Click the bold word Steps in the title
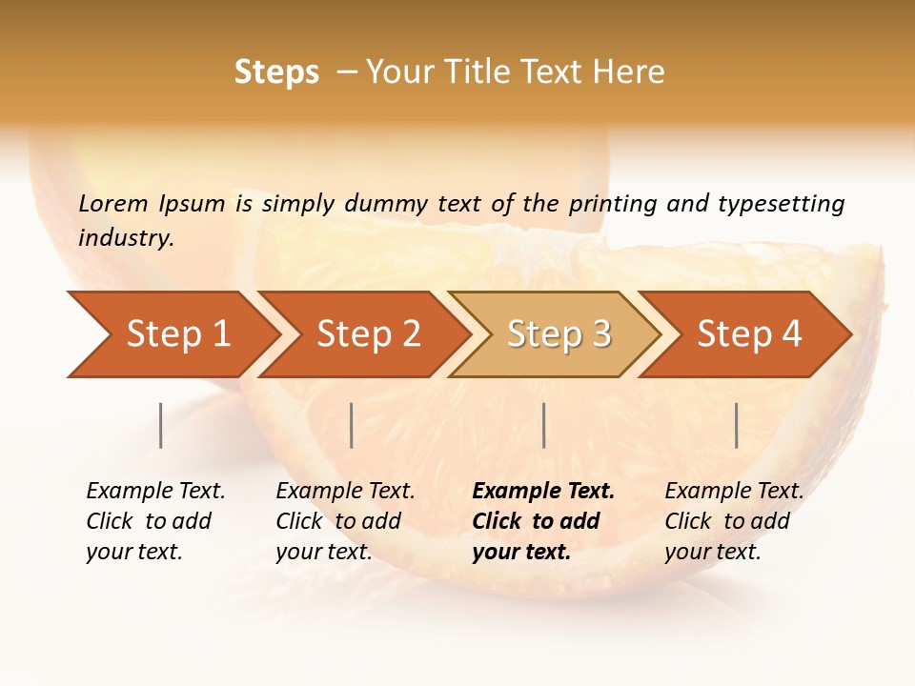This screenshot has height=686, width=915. coord(276,72)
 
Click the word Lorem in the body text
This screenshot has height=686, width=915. coord(112,203)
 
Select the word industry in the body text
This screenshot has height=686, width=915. coord(125,237)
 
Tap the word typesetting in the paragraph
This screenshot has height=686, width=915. coord(781,204)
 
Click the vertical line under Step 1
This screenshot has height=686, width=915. coord(161,425)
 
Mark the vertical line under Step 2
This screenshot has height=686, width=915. coord(352,425)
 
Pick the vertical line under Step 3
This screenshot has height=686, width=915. coord(544,425)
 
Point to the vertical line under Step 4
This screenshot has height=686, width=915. coord(737,425)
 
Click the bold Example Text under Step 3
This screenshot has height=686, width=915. coord(543,491)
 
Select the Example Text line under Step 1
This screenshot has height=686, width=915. coord(155,491)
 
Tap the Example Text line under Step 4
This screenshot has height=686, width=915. coord(734,491)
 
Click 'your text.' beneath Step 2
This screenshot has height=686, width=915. coord(323,552)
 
